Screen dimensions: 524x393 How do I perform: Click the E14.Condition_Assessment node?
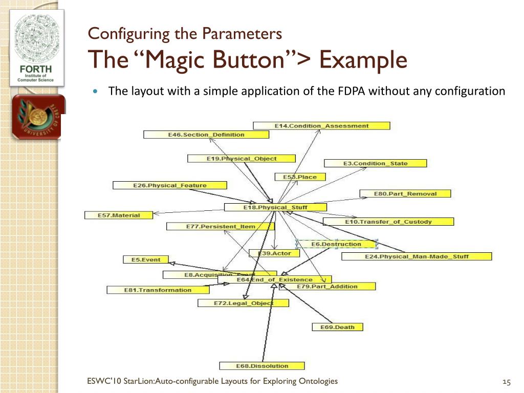321,126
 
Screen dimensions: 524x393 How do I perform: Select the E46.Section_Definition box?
206,135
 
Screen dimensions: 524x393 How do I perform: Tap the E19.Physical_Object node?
242,159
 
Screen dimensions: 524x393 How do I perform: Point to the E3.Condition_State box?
375,163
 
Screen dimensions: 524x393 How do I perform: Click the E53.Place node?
300,177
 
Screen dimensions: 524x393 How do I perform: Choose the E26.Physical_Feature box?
169,185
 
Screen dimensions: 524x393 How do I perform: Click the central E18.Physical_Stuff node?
275,207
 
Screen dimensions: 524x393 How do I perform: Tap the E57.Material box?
119,215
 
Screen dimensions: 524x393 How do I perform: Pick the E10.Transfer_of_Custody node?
388,222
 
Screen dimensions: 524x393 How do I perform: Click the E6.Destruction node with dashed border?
336,244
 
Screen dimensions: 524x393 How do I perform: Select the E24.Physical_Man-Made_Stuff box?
416,256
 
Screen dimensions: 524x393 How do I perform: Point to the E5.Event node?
146,260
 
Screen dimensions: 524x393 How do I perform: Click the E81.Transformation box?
158,290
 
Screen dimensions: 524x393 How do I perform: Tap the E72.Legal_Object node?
243,303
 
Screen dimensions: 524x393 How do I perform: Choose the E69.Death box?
337,327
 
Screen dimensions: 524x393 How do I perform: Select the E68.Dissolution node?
262,366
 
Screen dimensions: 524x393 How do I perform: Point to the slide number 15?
507,382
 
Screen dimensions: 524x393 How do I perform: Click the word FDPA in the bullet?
352,92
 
